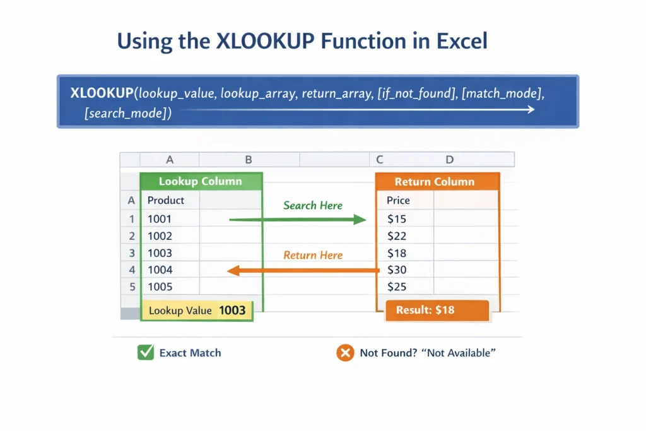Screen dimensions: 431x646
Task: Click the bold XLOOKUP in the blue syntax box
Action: point(101,94)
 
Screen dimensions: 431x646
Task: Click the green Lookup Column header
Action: point(201,182)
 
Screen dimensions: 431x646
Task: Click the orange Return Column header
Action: point(434,182)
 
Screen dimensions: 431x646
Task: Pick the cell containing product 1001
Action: point(160,219)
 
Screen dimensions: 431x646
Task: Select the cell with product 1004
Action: point(160,270)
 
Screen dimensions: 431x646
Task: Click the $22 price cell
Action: point(397,236)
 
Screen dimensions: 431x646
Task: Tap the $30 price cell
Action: point(397,270)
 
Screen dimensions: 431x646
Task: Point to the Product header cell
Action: point(165,200)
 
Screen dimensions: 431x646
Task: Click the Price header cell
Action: point(398,200)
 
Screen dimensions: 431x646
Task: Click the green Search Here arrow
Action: point(297,220)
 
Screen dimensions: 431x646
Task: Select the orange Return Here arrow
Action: point(303,271)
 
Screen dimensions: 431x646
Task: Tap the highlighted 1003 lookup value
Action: point(232,310)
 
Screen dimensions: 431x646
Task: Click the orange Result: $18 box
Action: point(437,310)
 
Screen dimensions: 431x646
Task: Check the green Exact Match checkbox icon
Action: point(146,353)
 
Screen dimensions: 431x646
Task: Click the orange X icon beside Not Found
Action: point(344,353)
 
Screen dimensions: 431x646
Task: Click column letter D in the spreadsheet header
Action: point(449,160)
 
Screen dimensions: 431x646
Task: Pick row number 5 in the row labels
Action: point(132,286)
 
